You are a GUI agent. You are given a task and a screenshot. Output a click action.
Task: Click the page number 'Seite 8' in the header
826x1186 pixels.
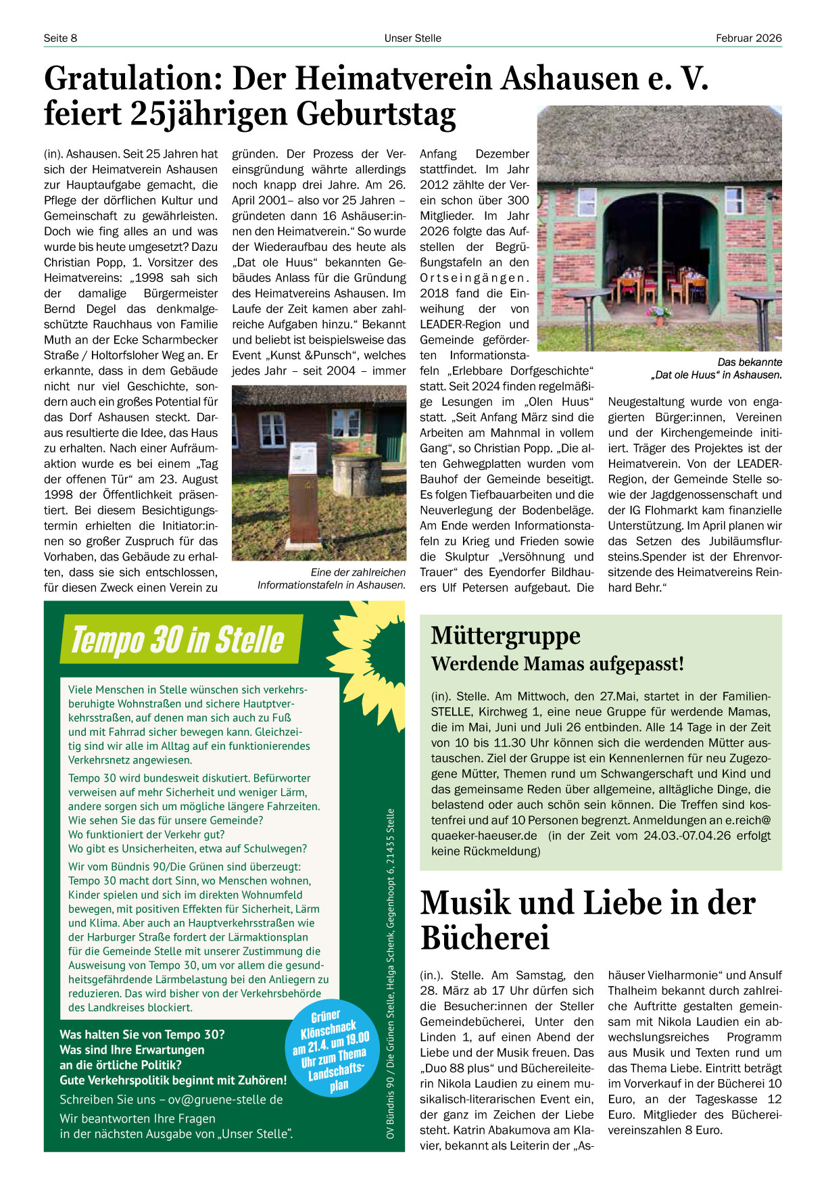coord(60,38)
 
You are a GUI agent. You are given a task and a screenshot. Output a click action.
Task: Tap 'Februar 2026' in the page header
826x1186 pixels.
coord(748,38)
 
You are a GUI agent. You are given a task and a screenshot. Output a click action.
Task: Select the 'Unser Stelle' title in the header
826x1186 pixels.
coord(412,38)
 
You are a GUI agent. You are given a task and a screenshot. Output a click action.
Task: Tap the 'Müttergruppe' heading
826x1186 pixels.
coord(506,636)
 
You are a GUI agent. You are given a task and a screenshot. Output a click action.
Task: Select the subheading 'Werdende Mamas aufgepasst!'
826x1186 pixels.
coord(558,664)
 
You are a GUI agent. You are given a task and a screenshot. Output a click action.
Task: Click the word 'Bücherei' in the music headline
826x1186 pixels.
coord(485,938)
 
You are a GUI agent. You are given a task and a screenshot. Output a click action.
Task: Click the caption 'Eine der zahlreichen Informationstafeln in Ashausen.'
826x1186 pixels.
coord(331,579)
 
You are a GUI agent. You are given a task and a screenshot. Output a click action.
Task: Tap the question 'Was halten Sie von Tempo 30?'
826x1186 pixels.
coord(142,1035)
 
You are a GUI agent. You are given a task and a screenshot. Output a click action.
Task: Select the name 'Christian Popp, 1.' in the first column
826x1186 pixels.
coord(112,262)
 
